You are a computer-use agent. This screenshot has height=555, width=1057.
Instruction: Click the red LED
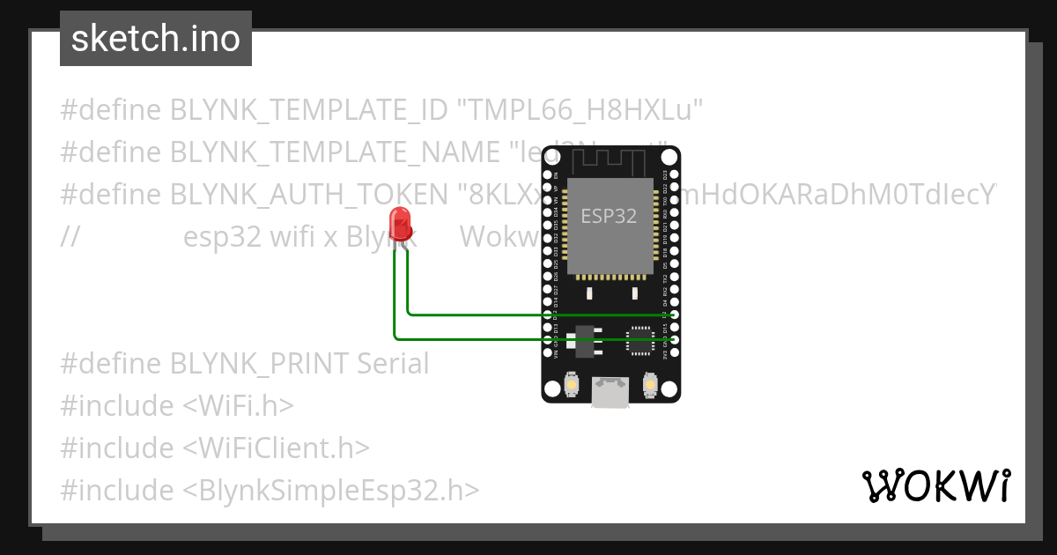[400, 223]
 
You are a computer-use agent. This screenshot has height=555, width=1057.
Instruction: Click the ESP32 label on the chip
[609, 216]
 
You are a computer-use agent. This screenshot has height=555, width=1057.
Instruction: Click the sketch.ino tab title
[156, 39]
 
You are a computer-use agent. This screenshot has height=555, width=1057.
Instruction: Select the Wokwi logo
[935, 486]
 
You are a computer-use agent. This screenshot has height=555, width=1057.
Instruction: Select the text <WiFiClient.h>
[276, 448]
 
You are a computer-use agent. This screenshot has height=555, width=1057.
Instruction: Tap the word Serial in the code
[393, 363]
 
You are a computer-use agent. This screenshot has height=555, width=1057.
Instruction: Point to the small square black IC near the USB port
[639, 340]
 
